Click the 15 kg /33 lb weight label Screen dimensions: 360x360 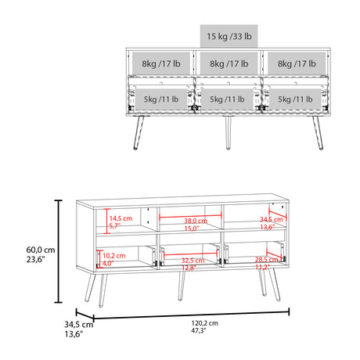[229, 37]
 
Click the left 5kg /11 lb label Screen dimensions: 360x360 [160, 99]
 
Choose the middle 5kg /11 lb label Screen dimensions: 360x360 [227, 99]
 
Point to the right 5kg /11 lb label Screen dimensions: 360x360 [294, 99]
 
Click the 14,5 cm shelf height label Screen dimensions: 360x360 [120, 218]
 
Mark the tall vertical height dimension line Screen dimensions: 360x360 [57, 250]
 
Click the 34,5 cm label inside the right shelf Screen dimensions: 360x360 [271, 221]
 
